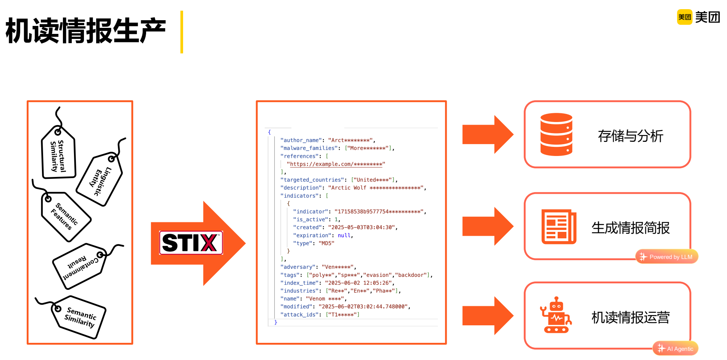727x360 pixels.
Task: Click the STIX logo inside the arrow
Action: pos(191,243)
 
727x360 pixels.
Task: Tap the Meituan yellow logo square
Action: pos(684,17)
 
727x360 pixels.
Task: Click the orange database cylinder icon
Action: pos(556,135)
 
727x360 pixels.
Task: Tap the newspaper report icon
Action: pos(558,227)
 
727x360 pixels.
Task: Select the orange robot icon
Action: pos(556,315)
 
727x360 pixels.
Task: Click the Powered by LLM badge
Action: pos(667,257)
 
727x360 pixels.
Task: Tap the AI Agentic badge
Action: pos(676,349)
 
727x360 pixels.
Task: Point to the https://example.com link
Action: pos(336,164)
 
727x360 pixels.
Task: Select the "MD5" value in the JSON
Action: pos(326,243)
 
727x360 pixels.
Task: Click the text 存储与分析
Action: pos(630,136)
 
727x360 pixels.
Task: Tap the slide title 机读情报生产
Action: pos(86,31)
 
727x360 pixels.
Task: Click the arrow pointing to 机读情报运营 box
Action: pos(487,316)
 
